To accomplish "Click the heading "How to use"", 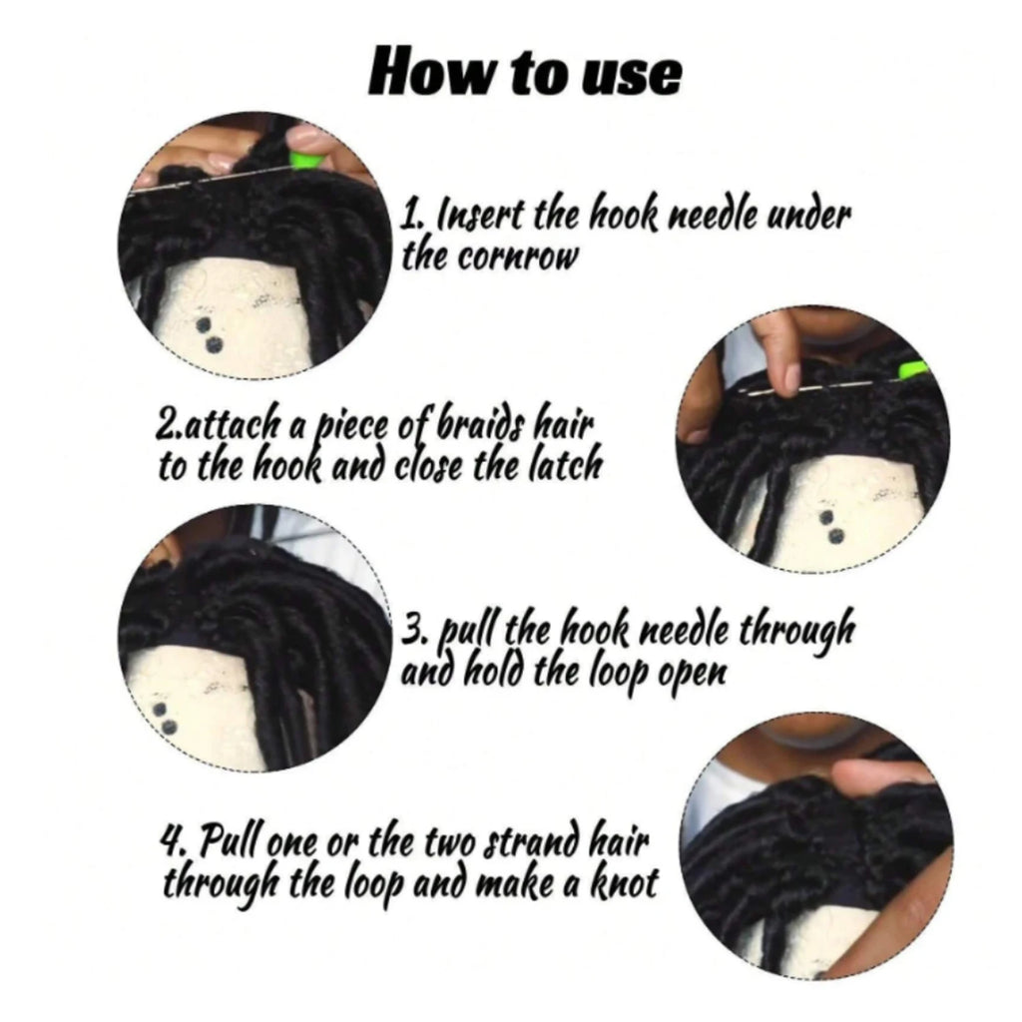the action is point(525,72).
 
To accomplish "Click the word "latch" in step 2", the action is point(565,465).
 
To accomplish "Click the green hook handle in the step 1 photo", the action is point(303,161).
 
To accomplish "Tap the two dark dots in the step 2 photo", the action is point(831,527).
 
